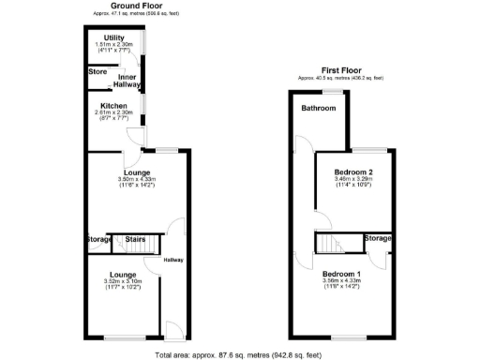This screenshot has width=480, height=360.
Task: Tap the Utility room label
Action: pos(114,37)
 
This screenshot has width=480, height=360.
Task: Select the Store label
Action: pos(97,71)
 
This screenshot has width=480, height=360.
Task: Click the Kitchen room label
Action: pos(113,105)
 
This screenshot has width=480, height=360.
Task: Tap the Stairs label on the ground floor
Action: pos(135,239)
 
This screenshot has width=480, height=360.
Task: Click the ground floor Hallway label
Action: pos(173,260)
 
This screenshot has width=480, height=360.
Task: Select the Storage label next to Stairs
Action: pos(98,239)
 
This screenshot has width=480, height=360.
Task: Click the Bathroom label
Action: pos(317,108)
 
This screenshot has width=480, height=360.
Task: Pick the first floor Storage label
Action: pos(377,239)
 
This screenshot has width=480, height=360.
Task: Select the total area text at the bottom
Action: pos(239,354)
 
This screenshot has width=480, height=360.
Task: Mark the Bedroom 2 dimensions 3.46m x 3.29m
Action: pos(352,180)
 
